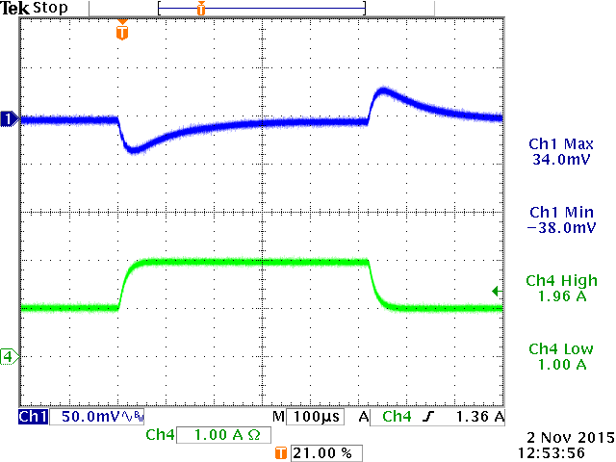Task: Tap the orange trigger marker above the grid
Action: point(121,32)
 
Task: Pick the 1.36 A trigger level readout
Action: point(481,417)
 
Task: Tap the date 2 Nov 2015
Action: point(558,436)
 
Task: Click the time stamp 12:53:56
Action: point(558,450)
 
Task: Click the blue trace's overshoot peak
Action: point(382,91)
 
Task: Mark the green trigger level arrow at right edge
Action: point(496,291)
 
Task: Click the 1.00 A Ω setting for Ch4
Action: point(227,435)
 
